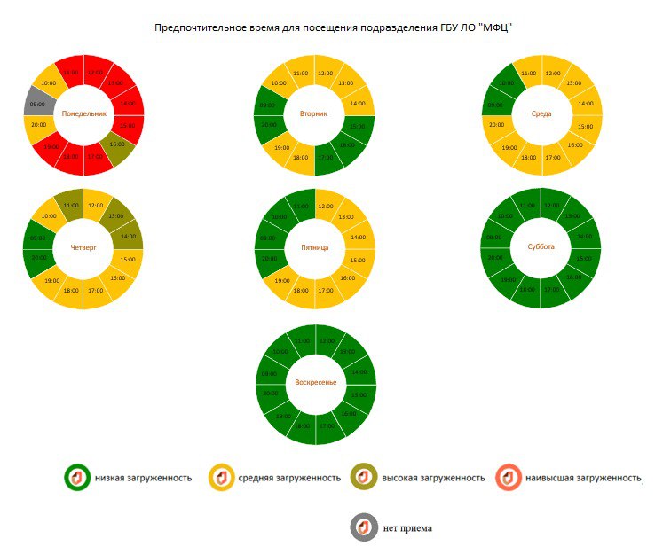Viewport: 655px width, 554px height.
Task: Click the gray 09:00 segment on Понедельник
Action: point(38,104)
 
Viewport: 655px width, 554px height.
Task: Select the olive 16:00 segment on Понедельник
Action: point(117,144)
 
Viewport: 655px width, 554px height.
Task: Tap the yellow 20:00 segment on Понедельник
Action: point(39,125)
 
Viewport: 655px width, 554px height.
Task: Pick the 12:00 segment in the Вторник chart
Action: point(326,73)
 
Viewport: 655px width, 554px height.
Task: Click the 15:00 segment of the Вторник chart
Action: point(358,126)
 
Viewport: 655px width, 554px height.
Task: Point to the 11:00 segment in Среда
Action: point(529,73)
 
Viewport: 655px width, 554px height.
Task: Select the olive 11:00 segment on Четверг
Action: point(71,204)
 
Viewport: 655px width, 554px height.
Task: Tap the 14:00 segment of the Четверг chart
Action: point(129,237)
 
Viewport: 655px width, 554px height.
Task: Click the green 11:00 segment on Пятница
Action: point(301,206)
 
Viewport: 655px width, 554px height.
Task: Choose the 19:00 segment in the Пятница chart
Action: point(282,280)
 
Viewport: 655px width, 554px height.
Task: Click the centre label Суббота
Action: point(541,247)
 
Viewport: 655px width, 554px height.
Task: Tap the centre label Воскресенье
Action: point(315,381)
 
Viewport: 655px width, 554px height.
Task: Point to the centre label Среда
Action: point(541,114)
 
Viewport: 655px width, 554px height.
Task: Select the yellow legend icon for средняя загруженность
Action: point(221,478)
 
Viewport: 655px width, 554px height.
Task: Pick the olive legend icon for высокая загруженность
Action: point(364,478)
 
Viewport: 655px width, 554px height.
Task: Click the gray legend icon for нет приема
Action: point(364,527)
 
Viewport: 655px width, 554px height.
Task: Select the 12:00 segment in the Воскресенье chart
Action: point(326,340)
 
